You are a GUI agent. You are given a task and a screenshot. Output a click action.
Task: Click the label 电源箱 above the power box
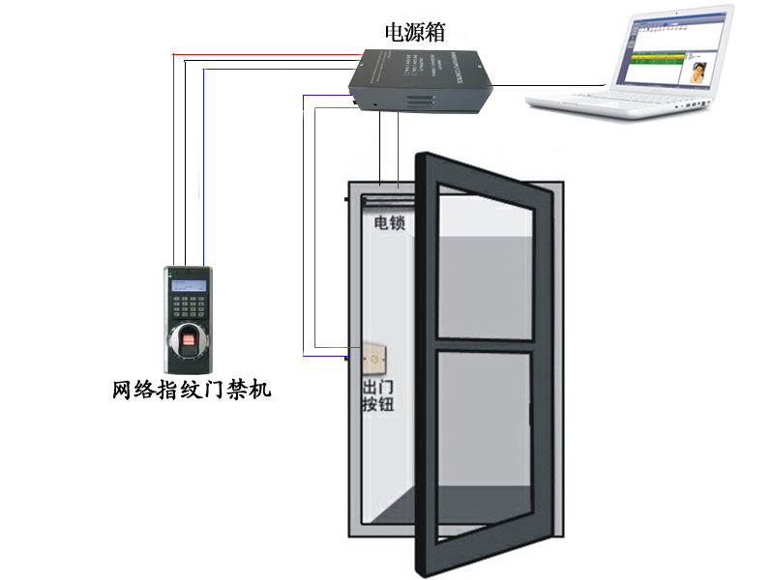pyautogui.click(x=415, y=31)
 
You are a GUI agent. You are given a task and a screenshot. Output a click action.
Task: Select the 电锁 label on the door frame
pyautogui.click(x=389, y=223)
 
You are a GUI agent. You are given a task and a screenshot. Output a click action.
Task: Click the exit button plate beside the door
pyautogui.click(x=372, y=361)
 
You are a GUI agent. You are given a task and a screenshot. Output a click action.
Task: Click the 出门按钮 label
pyautogui.click(x=376, y=397)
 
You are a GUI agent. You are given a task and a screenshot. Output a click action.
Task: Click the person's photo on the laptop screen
pyautogui.click(x=697, y=72)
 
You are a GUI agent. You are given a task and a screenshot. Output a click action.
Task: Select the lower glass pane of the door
pyautogui.click(x=483, y=435)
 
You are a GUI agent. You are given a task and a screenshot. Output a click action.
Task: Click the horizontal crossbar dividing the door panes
pyautogui.click(x=484, y=345)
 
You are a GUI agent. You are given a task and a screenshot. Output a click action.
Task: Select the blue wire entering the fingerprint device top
pyautogui.click(x=203, y=193)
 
